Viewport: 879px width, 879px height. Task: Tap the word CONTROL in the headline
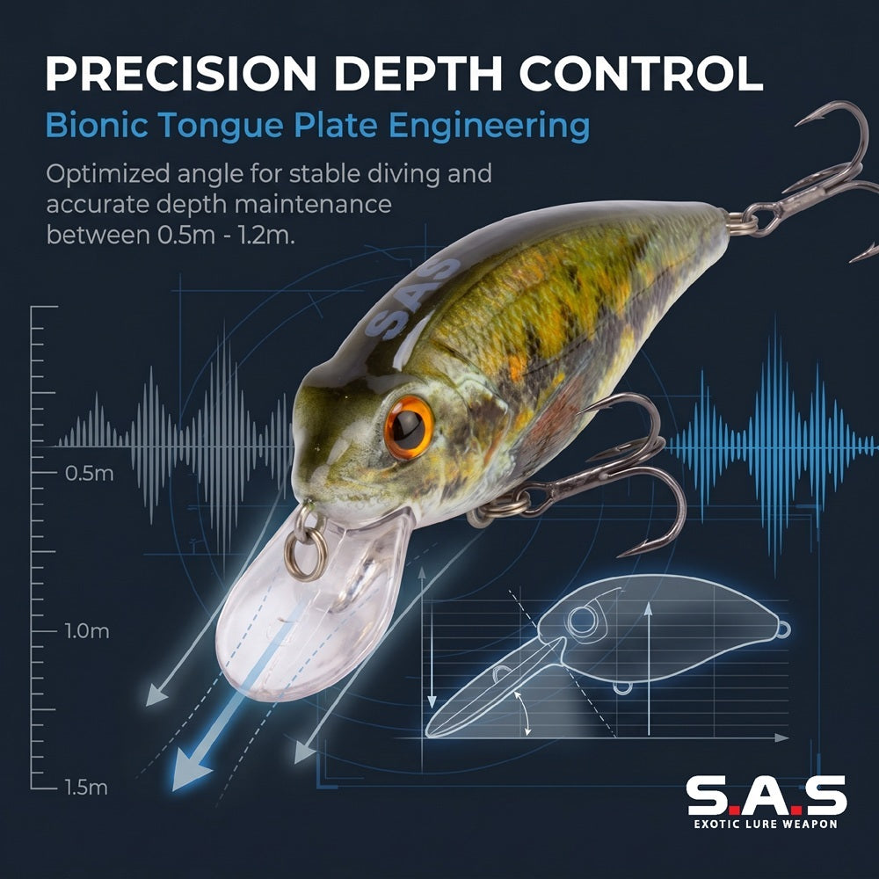pos(641,73)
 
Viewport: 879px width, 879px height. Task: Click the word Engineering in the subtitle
pos(489,127)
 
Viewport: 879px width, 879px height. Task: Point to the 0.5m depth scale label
pos(89,474)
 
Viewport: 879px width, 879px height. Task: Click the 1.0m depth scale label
pos(87,631)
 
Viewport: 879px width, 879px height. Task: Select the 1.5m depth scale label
pos(86,788)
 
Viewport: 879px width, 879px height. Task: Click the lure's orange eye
pos(409,427)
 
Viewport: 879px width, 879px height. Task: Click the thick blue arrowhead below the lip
pos(190,771)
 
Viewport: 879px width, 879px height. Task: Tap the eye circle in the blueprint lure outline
pos(583,620)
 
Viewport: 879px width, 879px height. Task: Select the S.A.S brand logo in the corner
pos(766,795)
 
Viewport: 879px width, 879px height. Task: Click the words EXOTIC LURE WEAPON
pos(766,825)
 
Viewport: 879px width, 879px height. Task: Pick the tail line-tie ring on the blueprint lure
pos(783,629)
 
